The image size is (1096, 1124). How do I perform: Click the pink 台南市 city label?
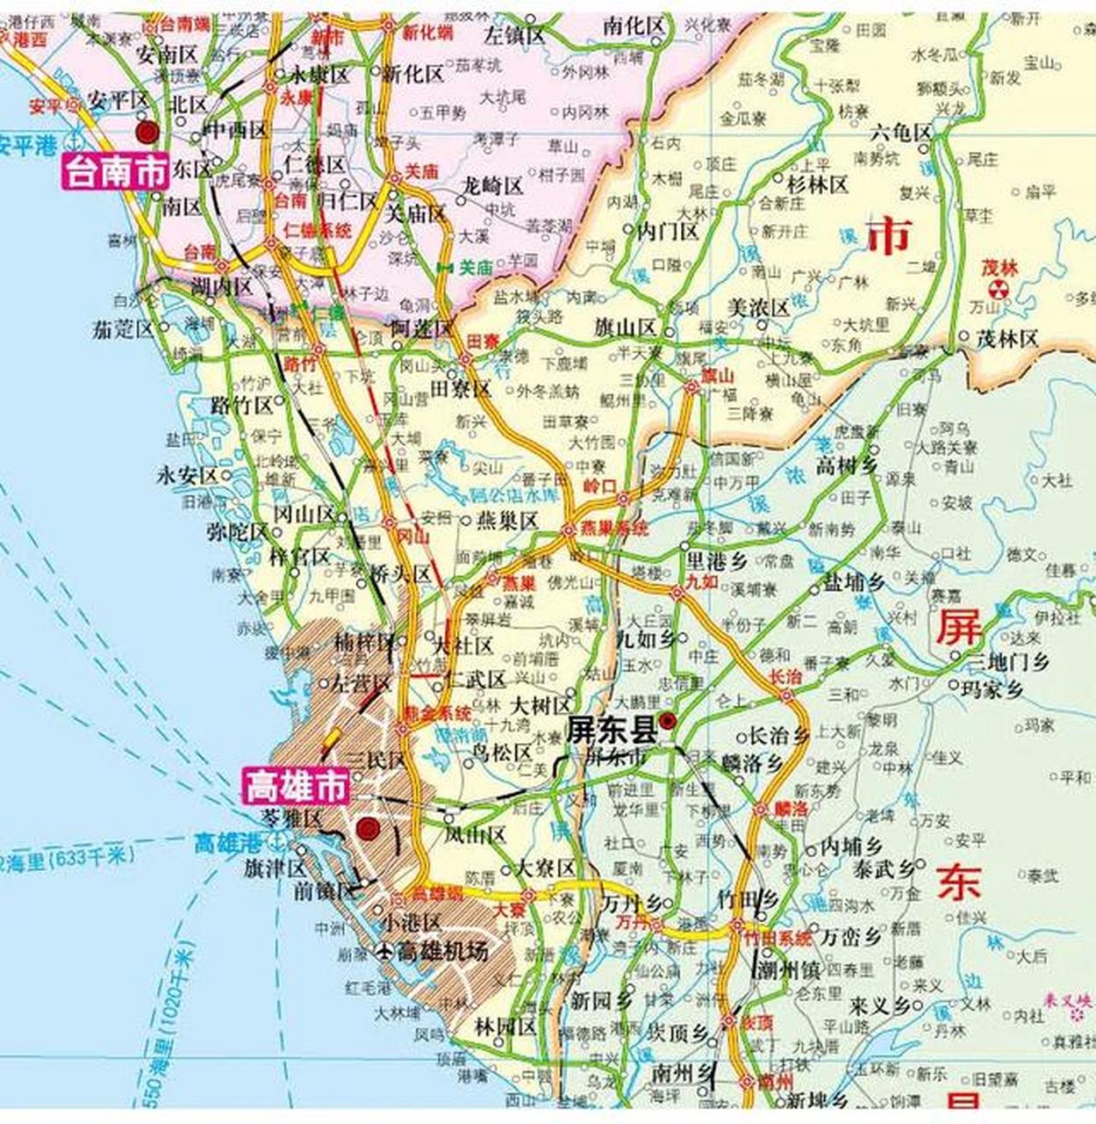pos(114,172)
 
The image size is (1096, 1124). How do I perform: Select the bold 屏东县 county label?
pos(612,728)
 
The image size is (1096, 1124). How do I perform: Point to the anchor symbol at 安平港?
pos(76,141)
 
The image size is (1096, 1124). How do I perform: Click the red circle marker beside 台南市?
pos(147,132)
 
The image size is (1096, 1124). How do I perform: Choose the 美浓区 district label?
pos(760,307)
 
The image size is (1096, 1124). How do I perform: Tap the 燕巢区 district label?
pos(507,522)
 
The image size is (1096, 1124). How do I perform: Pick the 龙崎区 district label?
pos(492,186)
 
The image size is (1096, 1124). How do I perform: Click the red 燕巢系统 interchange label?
pos(615,529)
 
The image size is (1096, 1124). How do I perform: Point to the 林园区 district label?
pos(505,1027)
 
